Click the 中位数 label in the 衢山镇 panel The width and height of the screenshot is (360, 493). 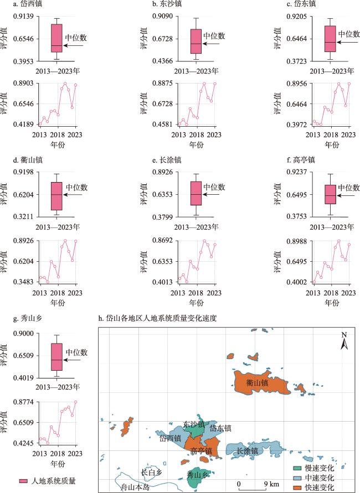pos(76,188)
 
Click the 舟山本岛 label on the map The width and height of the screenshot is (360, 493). pos(135,487)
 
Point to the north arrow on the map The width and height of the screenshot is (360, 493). pos(343,342)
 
